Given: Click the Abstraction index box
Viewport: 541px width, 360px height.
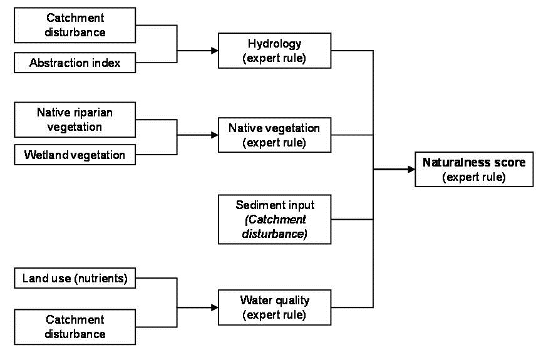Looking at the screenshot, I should pyautogui.click(x=75, y=63).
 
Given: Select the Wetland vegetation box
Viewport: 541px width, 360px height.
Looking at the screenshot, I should pyautogui.click(x=75, y=154).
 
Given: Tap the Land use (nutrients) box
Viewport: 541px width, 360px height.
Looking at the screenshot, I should pyautogui.click(x=75, y=279).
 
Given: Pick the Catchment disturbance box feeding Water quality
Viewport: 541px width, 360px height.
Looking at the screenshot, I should pyautogui.click(x=75, y=326).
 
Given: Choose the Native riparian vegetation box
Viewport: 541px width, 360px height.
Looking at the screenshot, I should pyautogui.click(x=75, y=120).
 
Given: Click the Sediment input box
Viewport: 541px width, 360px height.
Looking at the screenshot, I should pyautogui.click(x=275, y=219).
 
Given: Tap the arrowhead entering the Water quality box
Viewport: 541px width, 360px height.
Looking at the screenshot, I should pyautogui.click(x=215, y=307).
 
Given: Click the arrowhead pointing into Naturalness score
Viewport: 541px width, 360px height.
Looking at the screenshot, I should pyautogui.click(x=411, y=169).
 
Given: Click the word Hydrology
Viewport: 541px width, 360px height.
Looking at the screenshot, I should pyautogui.click(x=275, y=44).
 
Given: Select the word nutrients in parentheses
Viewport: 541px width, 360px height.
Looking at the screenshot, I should pyautogui.click(x=103, y=279).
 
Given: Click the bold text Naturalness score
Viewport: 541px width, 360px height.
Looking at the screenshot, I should pyautogui.click(x=474, y=162).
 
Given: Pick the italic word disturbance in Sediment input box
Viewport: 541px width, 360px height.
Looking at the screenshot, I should pyautogui.click(x=275, y=234).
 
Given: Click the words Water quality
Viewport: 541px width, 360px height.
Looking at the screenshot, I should pyautogui.click(x=275, y=301).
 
